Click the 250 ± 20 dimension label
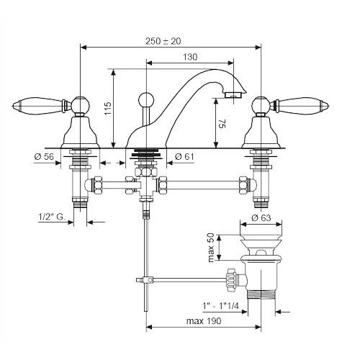163,41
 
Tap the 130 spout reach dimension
190,57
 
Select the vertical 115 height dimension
108,108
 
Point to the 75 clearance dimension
222,124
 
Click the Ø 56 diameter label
44,157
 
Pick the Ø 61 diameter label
184,157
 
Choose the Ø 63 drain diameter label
261,217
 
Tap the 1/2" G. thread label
52,217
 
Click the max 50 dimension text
210,248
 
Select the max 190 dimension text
204,320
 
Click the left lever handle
38,106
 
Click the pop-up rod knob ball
146,99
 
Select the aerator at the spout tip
233,95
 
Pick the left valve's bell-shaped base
80,132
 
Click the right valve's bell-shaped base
261,132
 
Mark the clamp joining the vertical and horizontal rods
147,280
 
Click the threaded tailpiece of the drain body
261,294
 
